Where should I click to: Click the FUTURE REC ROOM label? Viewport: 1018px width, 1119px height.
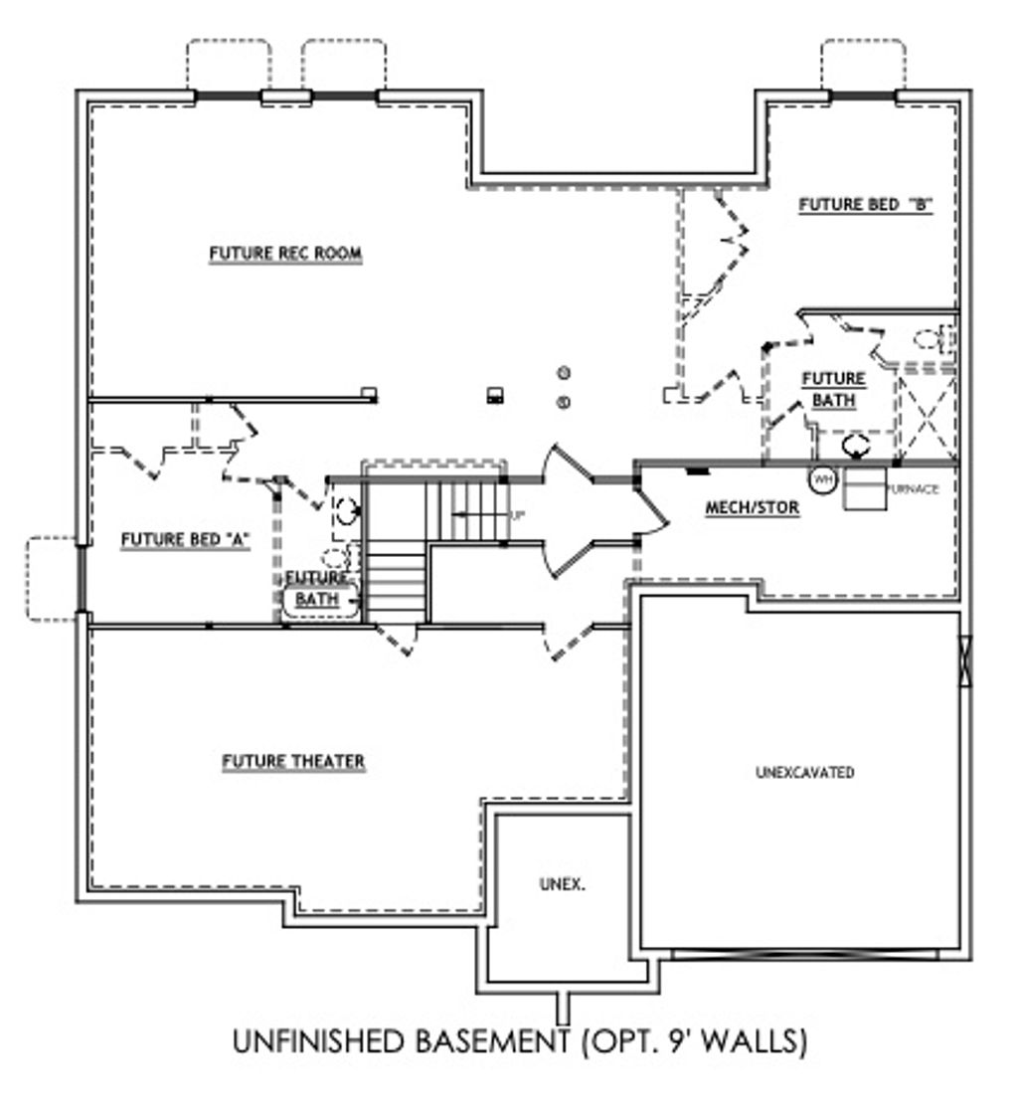pos(285,255)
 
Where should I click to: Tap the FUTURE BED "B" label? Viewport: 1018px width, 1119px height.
pos(864,205)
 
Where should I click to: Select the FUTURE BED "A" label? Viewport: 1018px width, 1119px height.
pos(184,540)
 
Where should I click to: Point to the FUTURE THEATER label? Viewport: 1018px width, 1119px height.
pos(293,763)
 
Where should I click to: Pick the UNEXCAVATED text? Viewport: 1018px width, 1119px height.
pos(804,773)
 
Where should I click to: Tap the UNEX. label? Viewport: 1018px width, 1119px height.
pos(562,883)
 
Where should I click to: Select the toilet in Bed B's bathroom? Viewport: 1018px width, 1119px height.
pos(933,340)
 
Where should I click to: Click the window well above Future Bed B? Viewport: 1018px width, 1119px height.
pos(862,66)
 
